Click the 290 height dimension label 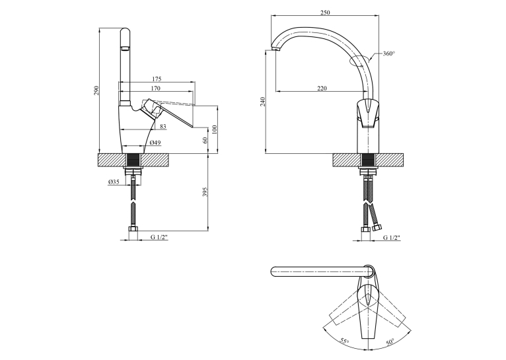96,90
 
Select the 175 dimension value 156,79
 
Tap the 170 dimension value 155,88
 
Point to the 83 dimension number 163,126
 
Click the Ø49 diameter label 155,143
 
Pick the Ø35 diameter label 114,182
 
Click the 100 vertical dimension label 215,129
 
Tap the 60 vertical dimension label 205,140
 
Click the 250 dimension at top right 325,13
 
